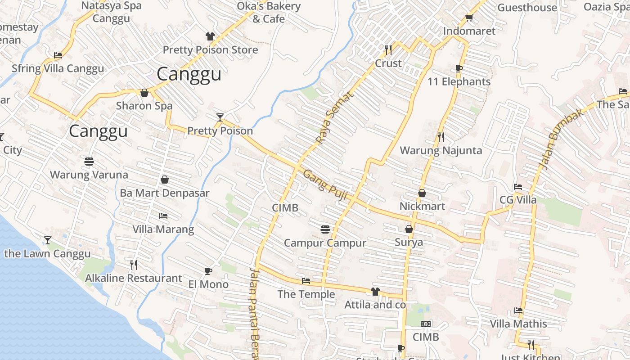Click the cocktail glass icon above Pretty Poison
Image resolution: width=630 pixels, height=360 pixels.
[x=220, y=117]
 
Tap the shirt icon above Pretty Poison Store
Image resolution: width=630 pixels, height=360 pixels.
[x=210, y=36]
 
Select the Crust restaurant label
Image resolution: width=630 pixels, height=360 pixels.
[x=388, y=63]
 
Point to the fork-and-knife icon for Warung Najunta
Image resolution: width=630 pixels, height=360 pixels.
[x=441, y=137]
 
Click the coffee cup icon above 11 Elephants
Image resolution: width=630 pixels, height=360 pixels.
[x=459, y=68]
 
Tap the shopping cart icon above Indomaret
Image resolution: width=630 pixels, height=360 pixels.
[x=469, y=18]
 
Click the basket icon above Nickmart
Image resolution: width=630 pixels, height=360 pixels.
[x=422, y=193]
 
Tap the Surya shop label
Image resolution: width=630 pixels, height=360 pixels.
[x=409, y=243]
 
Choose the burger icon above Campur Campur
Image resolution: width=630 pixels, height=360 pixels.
[x=325, y=229]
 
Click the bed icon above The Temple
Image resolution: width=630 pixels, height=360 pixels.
[x=306, y=281]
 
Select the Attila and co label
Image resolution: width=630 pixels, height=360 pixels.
[x=375, y=305]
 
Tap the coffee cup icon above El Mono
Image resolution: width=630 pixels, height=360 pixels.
[x=208, y=271]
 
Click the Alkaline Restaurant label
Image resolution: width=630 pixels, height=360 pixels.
[x=134, y=278]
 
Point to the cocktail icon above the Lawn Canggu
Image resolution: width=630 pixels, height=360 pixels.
[x=48, y=240]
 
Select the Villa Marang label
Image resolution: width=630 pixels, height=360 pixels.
[x=163, y=229]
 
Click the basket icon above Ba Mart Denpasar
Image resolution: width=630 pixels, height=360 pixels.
[x=165, y=180]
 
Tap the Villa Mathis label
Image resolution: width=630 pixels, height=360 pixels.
[x=518, y=324]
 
